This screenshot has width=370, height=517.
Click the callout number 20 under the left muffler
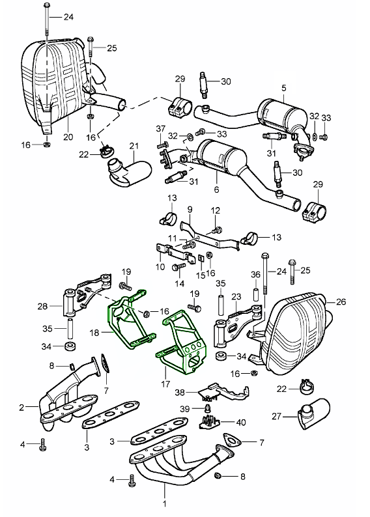coord(68,137)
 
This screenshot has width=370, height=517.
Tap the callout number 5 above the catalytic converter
coord(284,88)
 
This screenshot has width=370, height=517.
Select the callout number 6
coord(216,189)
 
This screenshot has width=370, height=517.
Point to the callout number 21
coord(134,146)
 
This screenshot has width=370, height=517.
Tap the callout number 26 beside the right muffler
coord(341,301)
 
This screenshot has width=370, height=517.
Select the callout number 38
coord(180,393)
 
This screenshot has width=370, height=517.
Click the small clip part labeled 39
coord(208,408)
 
